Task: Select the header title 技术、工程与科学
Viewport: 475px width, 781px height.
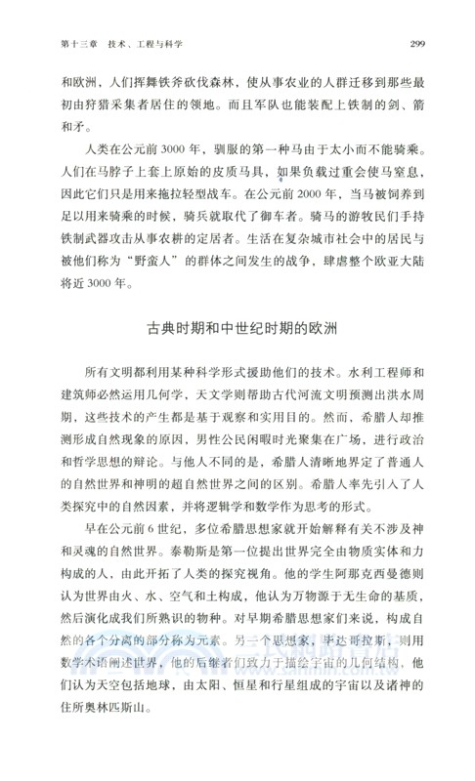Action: pyautogui.click(x=146, y=43)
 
